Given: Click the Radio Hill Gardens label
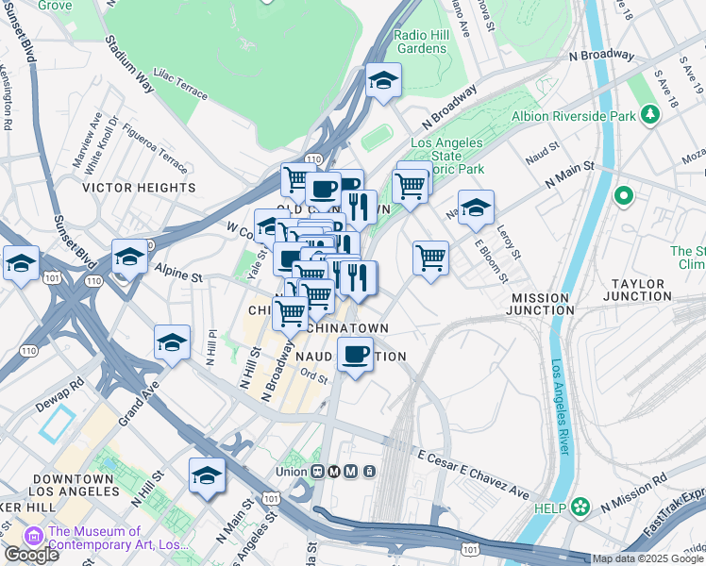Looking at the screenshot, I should point(421,42).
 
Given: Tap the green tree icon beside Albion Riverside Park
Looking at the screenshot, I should point(649,115).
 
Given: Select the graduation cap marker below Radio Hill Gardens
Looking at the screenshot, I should point(383,82).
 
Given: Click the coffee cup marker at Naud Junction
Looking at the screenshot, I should point(355,355).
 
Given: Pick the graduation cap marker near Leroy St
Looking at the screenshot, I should point(476,208).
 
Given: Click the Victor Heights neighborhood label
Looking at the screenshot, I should point(139,188).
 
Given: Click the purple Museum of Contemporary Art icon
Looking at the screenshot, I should point(35,537).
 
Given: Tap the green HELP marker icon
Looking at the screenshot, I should point(580,508).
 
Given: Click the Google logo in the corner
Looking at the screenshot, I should point(31,555).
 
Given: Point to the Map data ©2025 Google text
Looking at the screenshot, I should point(648,558).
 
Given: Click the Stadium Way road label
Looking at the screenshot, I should point(129,64).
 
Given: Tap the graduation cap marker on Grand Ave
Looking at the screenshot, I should point(173,344).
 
